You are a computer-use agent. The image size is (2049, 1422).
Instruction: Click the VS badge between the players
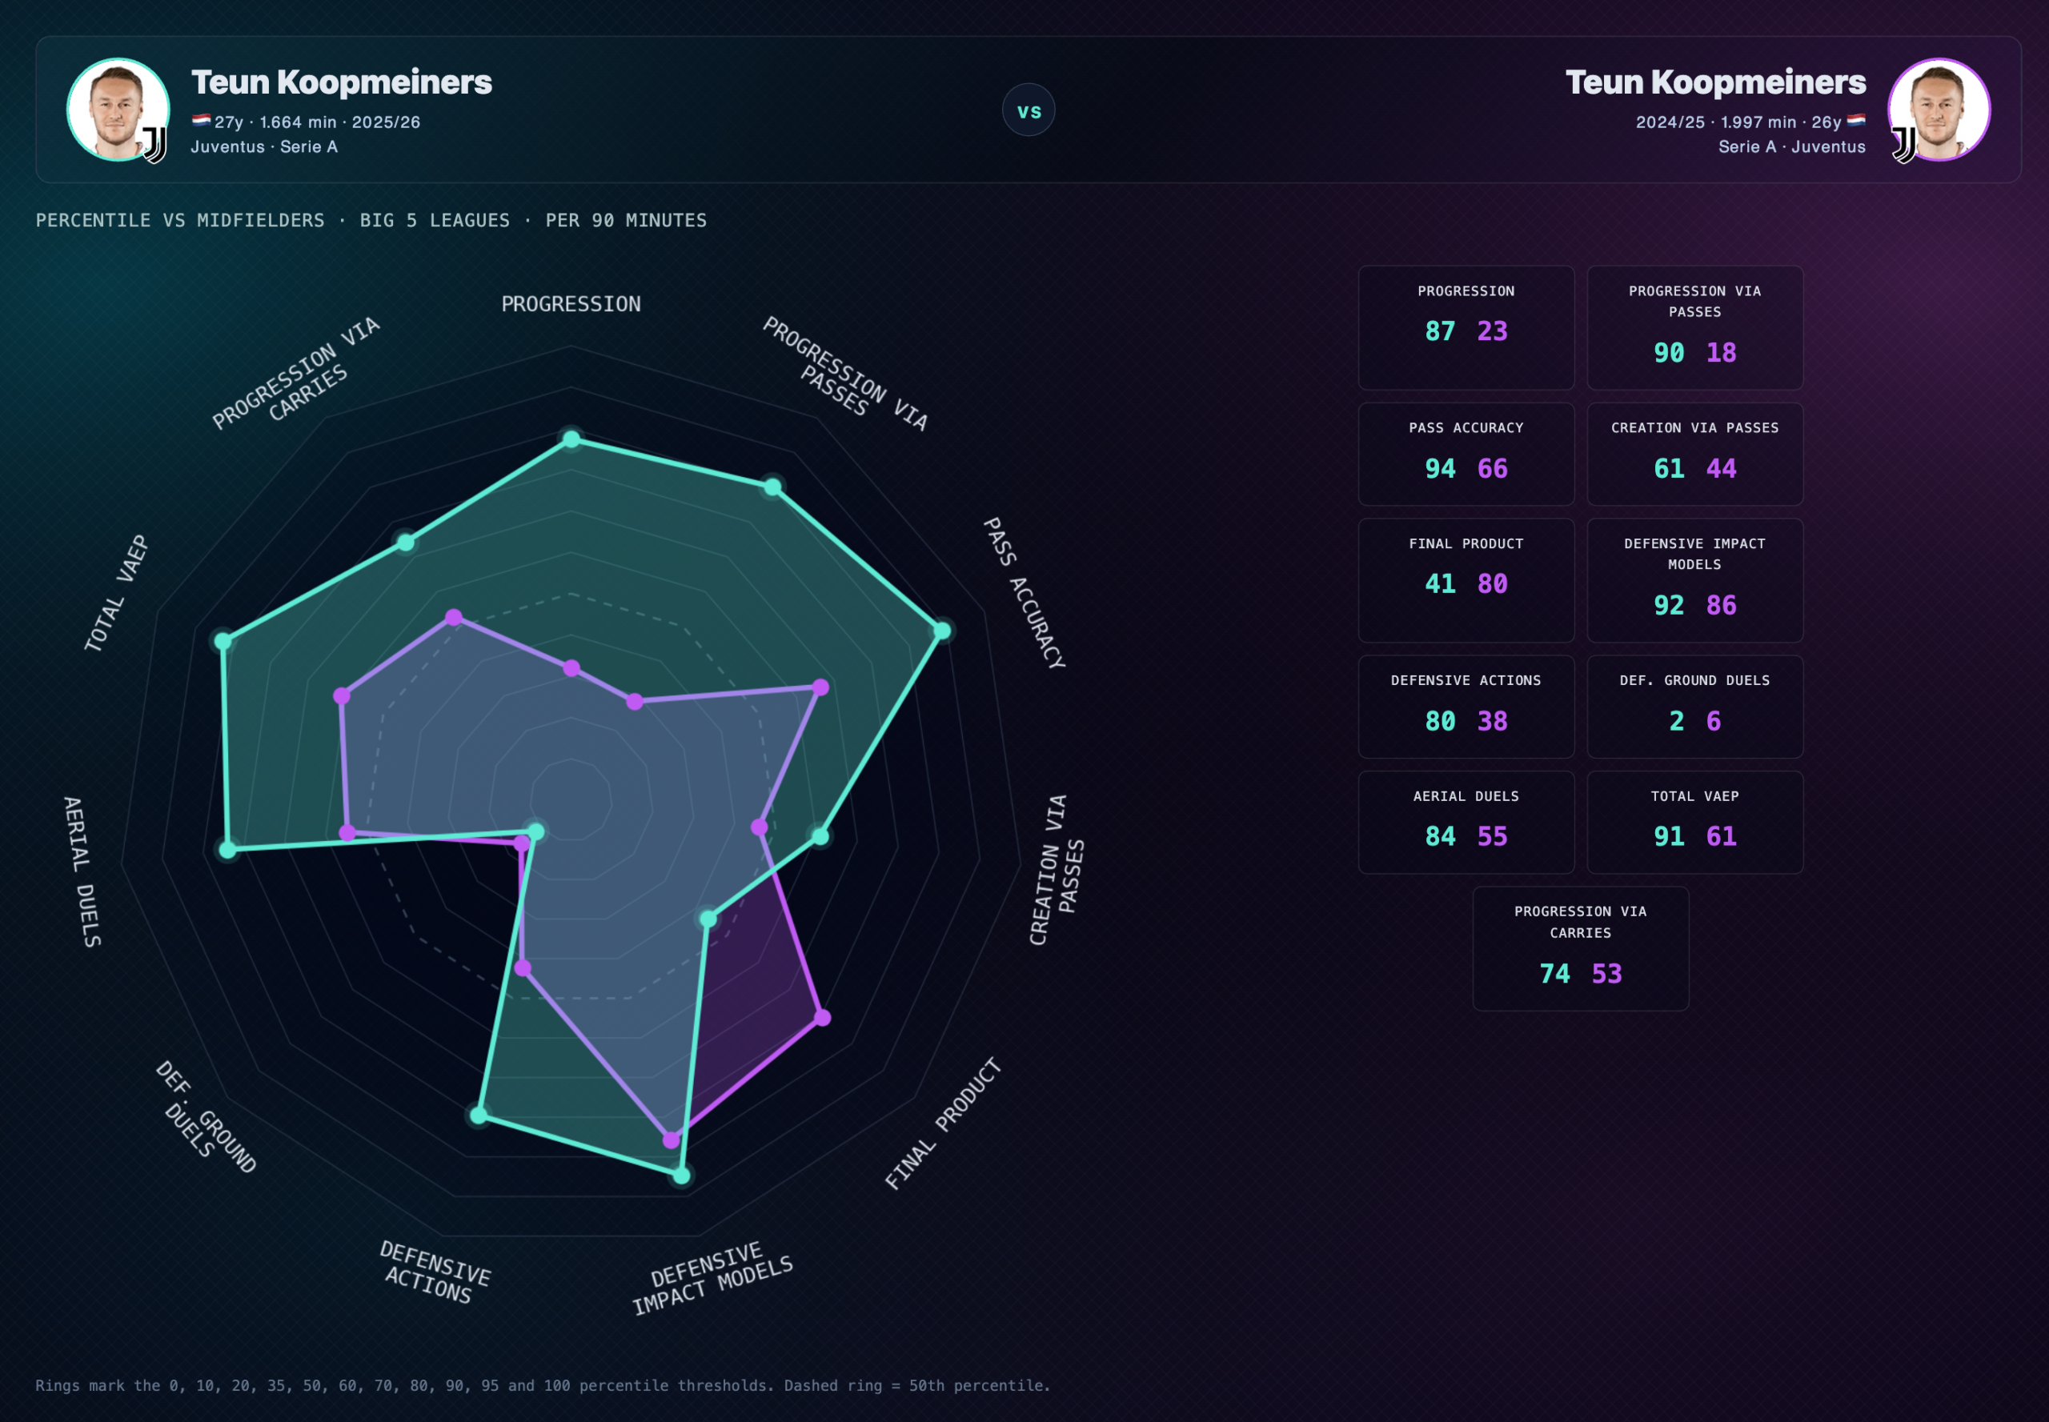[1029, 110]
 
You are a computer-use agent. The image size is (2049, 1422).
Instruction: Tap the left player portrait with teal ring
[118, 110]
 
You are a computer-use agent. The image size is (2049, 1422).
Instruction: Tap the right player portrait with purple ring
[1939, 110]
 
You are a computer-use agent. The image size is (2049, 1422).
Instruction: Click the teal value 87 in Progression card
[1439, 331]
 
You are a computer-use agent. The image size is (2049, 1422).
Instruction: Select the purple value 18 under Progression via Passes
[1721, 353]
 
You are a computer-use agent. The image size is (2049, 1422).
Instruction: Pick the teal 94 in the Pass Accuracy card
[1439, 469]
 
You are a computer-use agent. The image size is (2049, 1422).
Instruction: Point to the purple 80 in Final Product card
[1493, 583]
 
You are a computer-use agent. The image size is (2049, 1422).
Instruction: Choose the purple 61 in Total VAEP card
[1721, 836]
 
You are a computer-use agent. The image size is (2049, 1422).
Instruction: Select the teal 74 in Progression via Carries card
[1554, 974]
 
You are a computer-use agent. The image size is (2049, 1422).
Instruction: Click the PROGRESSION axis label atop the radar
[571, 304]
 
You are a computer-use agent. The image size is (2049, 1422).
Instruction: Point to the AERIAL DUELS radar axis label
[82, 871]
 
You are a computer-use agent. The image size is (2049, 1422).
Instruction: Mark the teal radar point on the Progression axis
[571, 439]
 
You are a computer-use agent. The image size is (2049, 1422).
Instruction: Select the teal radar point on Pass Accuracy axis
[941, 631]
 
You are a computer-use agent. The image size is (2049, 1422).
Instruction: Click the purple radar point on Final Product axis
[822, 1018]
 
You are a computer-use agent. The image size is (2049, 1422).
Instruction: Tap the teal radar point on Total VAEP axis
[223, 641]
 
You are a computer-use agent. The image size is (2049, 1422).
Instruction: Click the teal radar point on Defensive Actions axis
[479, 1115]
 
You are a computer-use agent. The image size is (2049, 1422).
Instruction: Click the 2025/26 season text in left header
[386, 122]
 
